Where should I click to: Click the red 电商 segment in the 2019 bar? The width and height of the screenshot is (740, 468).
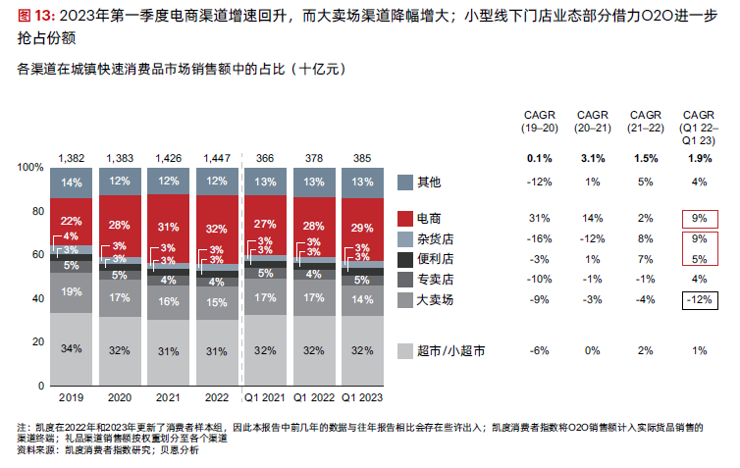click(71, 222)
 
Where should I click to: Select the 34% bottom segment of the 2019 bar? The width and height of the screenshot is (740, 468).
click(71, 348)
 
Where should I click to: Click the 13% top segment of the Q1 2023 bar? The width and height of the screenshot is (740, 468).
click(362, 182)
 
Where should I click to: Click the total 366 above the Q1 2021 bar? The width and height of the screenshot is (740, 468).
click(265, 158)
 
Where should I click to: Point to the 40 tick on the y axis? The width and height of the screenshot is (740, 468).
click(36, 298)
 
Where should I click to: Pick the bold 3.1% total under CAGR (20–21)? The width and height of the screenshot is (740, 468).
click(592, 158)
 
